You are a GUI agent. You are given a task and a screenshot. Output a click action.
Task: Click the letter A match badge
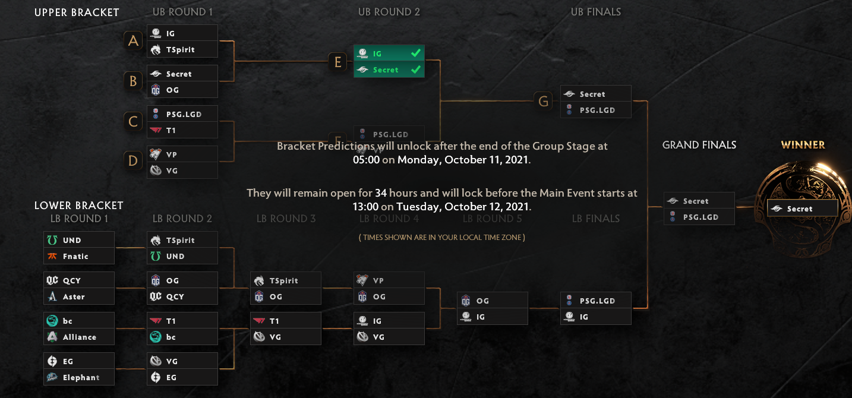pyautogui.click(x=134, y=41)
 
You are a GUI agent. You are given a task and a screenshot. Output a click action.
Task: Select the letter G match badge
pyautogui.click(x=542, y=102)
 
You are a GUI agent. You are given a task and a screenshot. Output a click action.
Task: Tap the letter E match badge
pyautogui.click(x=338, y=62)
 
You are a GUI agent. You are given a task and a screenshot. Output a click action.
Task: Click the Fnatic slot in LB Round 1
pyautogui.click(x=79, y=257)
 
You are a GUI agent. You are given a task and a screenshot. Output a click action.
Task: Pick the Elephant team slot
pyautogui.click(x=79, y=378)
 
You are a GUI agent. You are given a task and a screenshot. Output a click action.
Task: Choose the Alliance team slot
pyautogui.click(x=79, y=337)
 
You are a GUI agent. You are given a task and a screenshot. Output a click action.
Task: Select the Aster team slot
pyautogui.click(x=79, y=297)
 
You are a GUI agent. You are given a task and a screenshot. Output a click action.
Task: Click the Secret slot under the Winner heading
pyautogui.click(x=802, y=209)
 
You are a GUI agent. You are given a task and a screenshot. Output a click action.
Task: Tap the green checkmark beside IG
pyautogui.click(x=416, y=53)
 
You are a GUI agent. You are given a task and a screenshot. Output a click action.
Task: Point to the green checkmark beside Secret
pyautogui.click(x=416, y=70)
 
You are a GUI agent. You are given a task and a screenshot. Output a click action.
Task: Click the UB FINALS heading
pyautogui.click(x=596, y=12)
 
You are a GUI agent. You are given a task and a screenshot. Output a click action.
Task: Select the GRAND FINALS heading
pyautogui.click(x=699, y=146)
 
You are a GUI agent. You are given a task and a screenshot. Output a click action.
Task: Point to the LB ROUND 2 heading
pyautogui.click(x=182, y=219)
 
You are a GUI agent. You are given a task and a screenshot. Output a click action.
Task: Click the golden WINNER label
pyautogui.click(x=803, y=145)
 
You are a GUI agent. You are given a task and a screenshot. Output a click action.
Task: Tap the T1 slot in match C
pyautogui.click(x=182, y=131)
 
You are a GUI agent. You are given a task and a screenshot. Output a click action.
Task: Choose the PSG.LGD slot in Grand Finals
pyautogui.click(x=699, y=217)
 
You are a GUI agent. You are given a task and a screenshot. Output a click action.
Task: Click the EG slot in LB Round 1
pyautogui.click(x=79, y=361)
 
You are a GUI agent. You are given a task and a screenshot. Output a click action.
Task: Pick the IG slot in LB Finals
pyautogui.click(x=596, y=317)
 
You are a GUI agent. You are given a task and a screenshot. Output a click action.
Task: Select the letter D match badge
pyautogui.click(x=134, y=160)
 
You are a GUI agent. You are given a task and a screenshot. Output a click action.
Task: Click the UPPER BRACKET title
pyautogui.click(x=77, y=12)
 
